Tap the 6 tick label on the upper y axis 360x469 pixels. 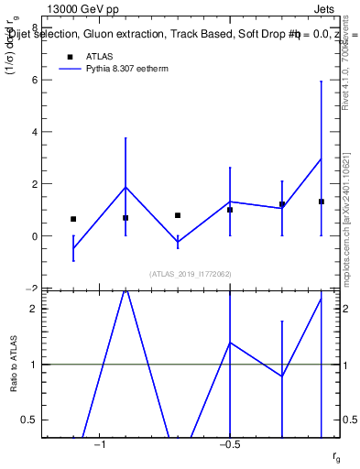tap(35, 80)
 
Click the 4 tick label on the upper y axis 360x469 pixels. tap(35, 132)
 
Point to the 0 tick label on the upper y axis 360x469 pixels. tap(35, 236)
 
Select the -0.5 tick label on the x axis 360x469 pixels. tap(229, 444)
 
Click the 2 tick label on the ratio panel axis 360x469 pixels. tap(34, 309)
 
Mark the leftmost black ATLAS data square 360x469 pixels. tap(73, 219)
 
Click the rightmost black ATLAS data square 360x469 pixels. tap(322, 202)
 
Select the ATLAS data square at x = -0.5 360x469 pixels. tap(230, 210)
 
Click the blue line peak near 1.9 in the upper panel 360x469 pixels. tap(125, 187)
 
